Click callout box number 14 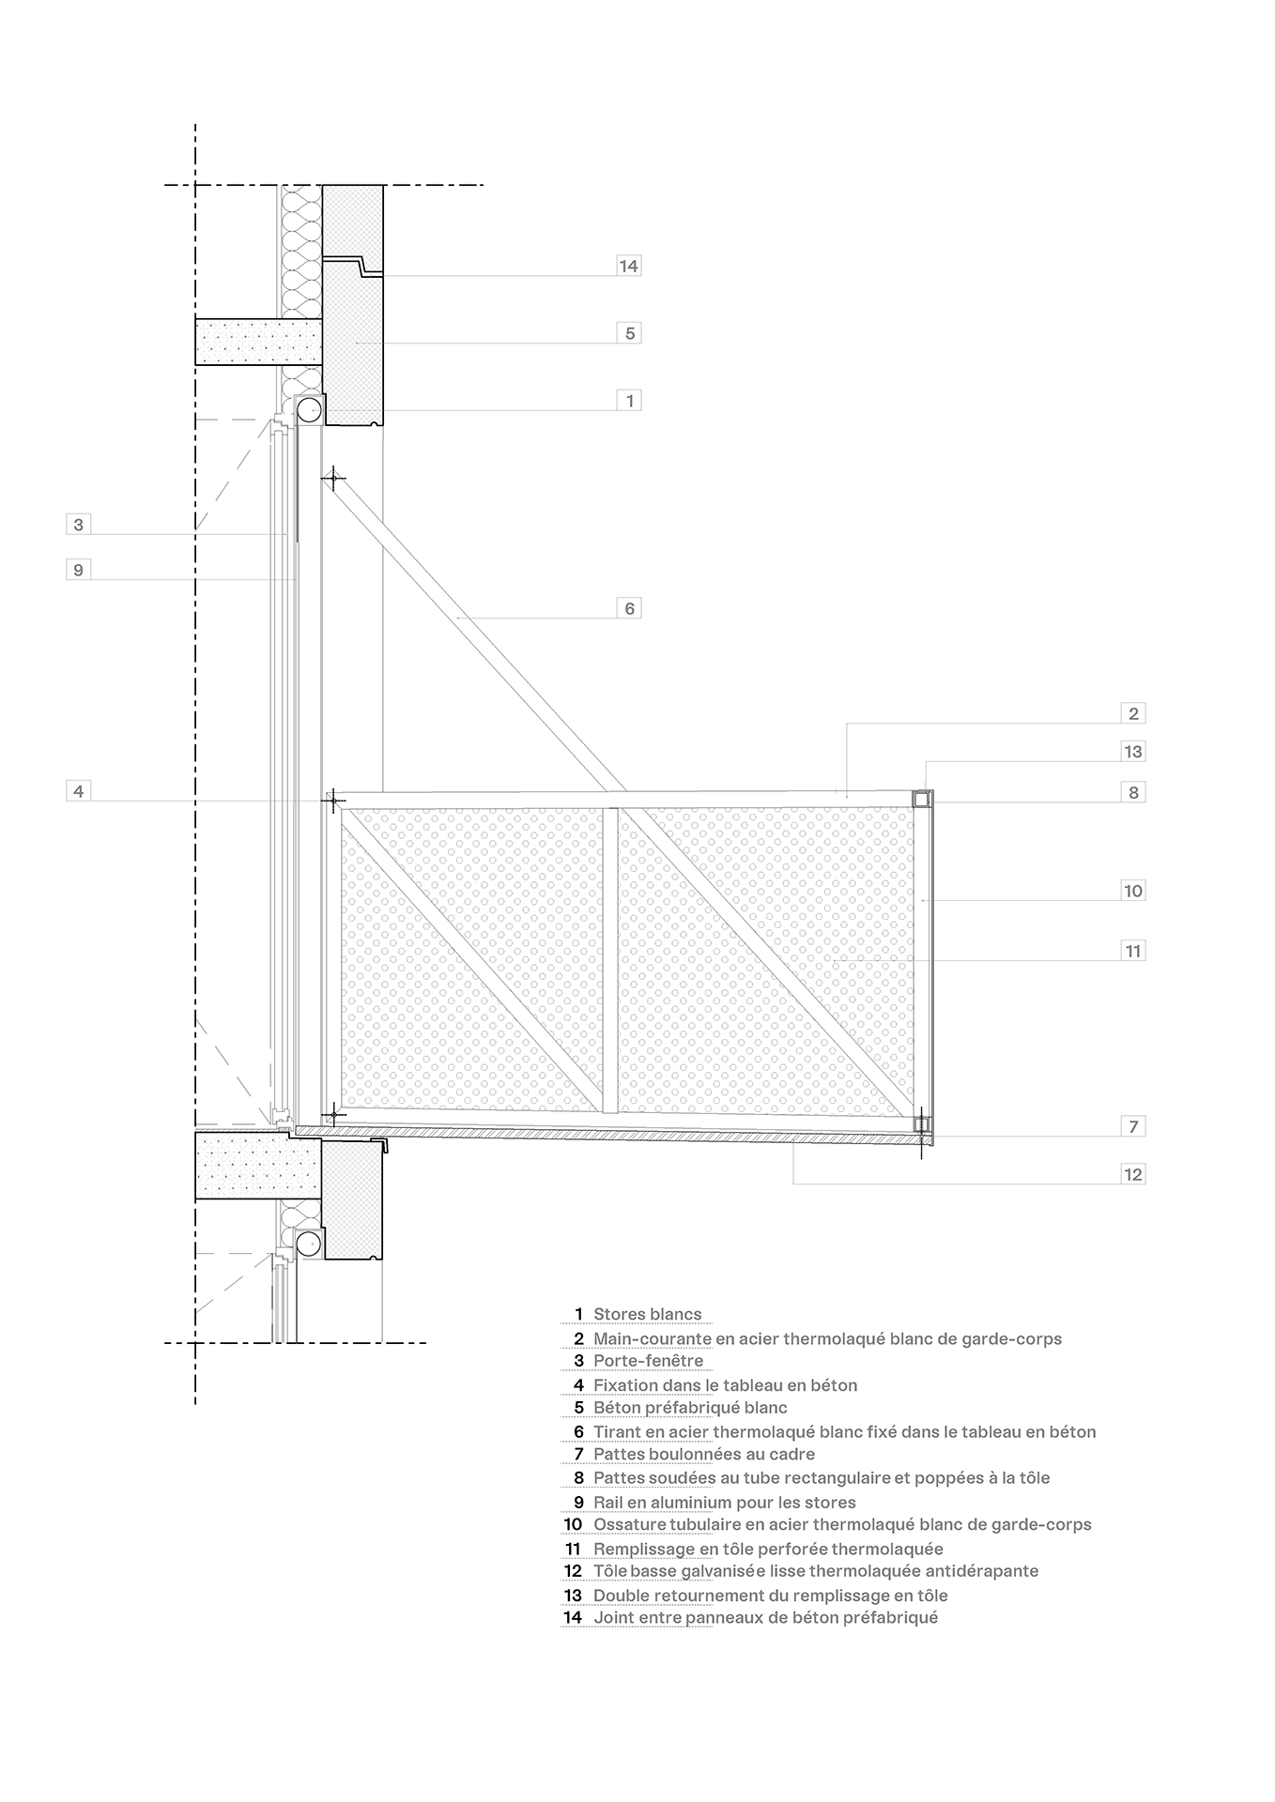click(x=628, y=266)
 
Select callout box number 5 click(x=629, y=333)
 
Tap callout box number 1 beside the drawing click(x=629, y=401)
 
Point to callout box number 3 click(x=79, y=525)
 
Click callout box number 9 click(x=79, y=570)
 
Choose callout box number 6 click(x=629, y=608)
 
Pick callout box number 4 click(x=79, y=791)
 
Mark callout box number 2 click(x=1133, y=713)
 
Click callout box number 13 click(x=1133, y=751)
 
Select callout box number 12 click(x=1133, y=1174)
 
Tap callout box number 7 click(x=1133, y=1126)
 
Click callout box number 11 click(x=1133, y=951)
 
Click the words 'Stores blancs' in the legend click(x=647, y=1314)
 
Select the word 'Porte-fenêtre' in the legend click(x=648, y=1361)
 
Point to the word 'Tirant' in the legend click(x=618, y=1432)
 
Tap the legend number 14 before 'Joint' click(x=573, y=1617)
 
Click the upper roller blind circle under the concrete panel click(x=310, y=409)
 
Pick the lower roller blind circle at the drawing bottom click(x=308, y=1244)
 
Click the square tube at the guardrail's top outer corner click(x=922, y=799)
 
